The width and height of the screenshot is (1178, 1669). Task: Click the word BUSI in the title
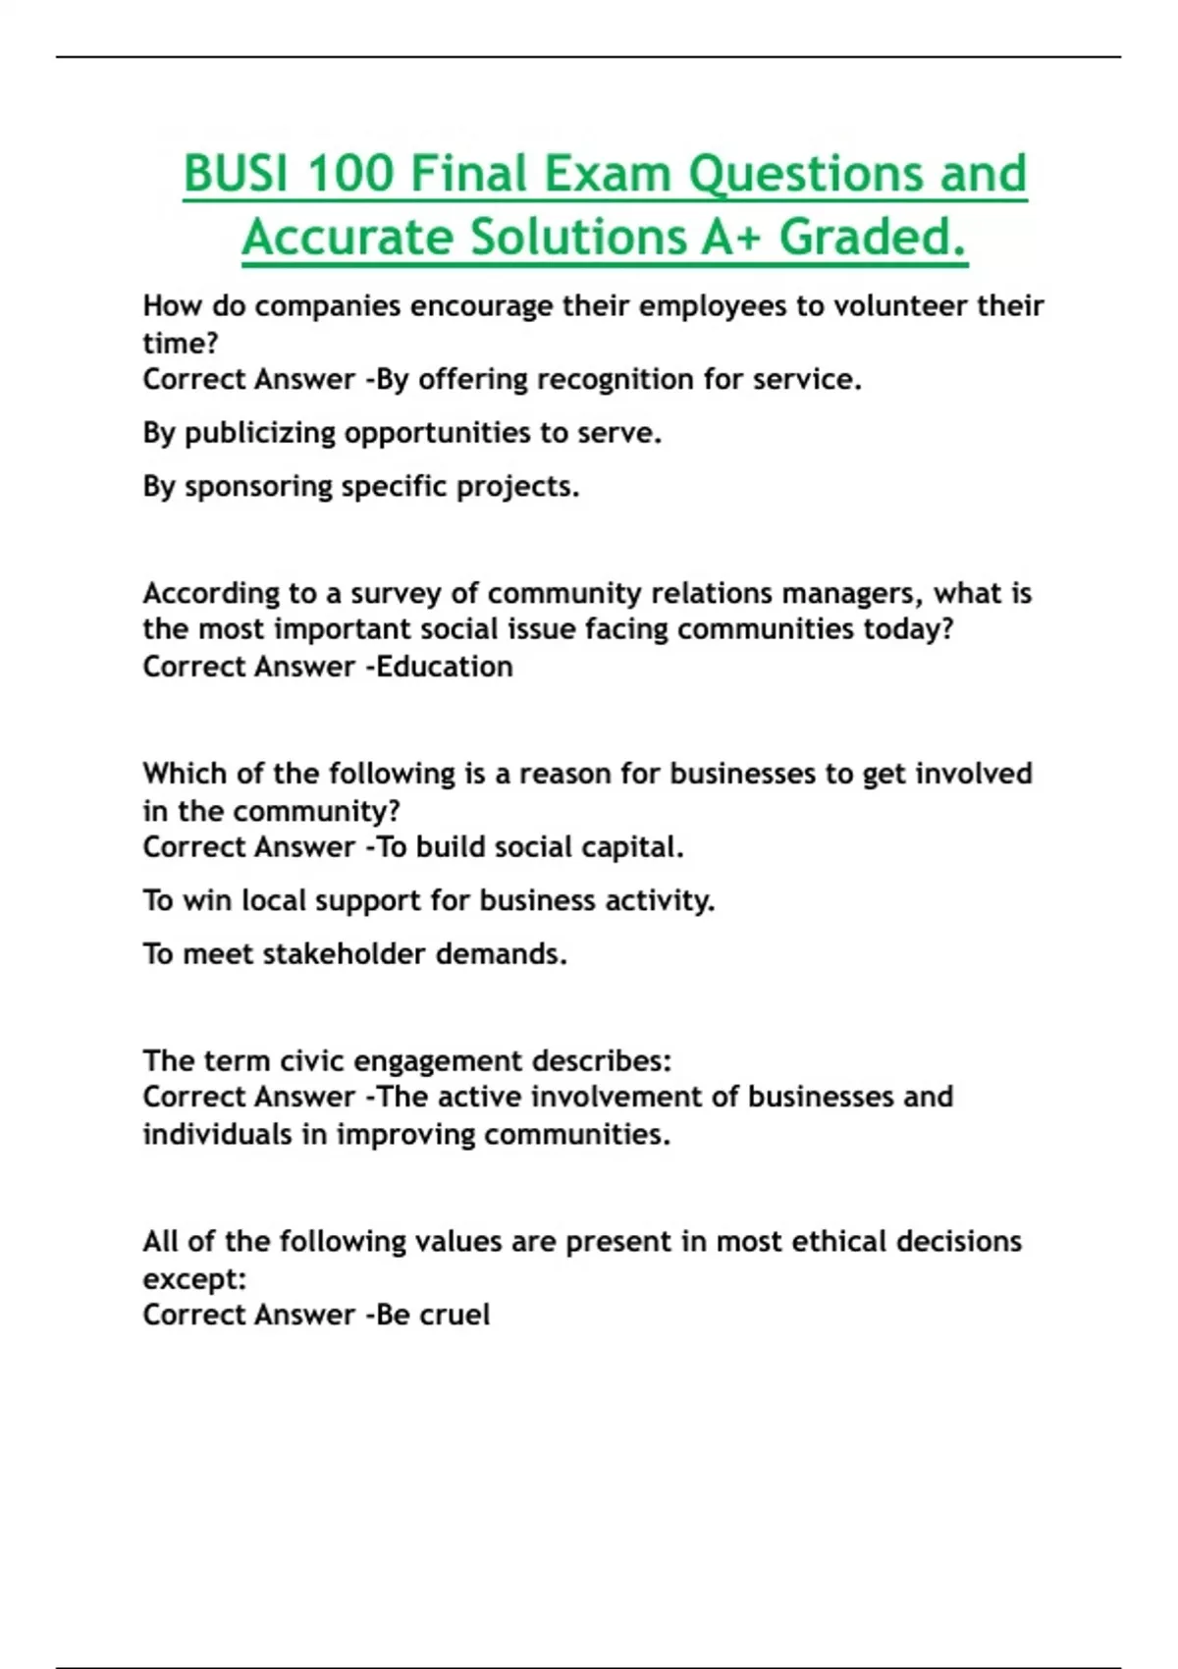[x=236, y=174]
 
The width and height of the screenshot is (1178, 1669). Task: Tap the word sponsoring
[x=259, y=487]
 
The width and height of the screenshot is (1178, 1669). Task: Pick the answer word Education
[x=445, y=667]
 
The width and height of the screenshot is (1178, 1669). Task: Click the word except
[x=193, y=1279]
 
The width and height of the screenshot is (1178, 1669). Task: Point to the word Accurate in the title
[x=349, y=238]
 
